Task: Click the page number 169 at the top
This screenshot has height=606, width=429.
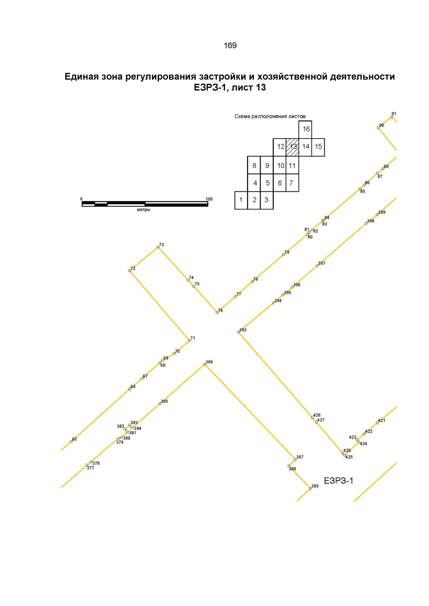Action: click(x=230, y=45)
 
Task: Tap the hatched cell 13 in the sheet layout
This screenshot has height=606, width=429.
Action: click(x=292, y=147)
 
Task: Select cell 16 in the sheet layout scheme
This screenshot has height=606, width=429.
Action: click(x=305, y=130)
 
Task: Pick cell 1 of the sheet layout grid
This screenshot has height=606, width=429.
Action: click(x=241, y=200)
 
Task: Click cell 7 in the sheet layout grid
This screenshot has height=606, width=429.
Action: click(x=292, y=183)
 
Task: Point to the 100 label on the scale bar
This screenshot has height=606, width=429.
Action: click(x=209, y=199)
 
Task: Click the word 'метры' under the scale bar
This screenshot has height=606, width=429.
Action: click(x=144, y=209)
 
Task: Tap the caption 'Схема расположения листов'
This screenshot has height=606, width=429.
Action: click(x=270, y=116)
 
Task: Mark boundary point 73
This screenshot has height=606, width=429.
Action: click(x=158, y=247)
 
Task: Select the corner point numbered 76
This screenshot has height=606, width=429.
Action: click(x=217, y=313)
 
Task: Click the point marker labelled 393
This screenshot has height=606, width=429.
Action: click(x=238, y=332)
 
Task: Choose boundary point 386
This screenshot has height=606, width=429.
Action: click(x=204, y=364)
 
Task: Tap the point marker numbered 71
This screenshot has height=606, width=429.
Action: click(x=189, y=340)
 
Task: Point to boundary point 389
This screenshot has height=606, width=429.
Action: click(x=311, y=488)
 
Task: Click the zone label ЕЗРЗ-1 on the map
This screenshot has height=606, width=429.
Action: click(x=339, y=481)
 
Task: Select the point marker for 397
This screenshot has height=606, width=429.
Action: click(x=317, y=266)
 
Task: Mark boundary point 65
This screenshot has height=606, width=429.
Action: click(x=71, y=441)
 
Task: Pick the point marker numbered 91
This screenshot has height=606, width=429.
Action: click(x=391, y=117)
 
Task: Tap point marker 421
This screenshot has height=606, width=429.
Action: click(x=377, y=423)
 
